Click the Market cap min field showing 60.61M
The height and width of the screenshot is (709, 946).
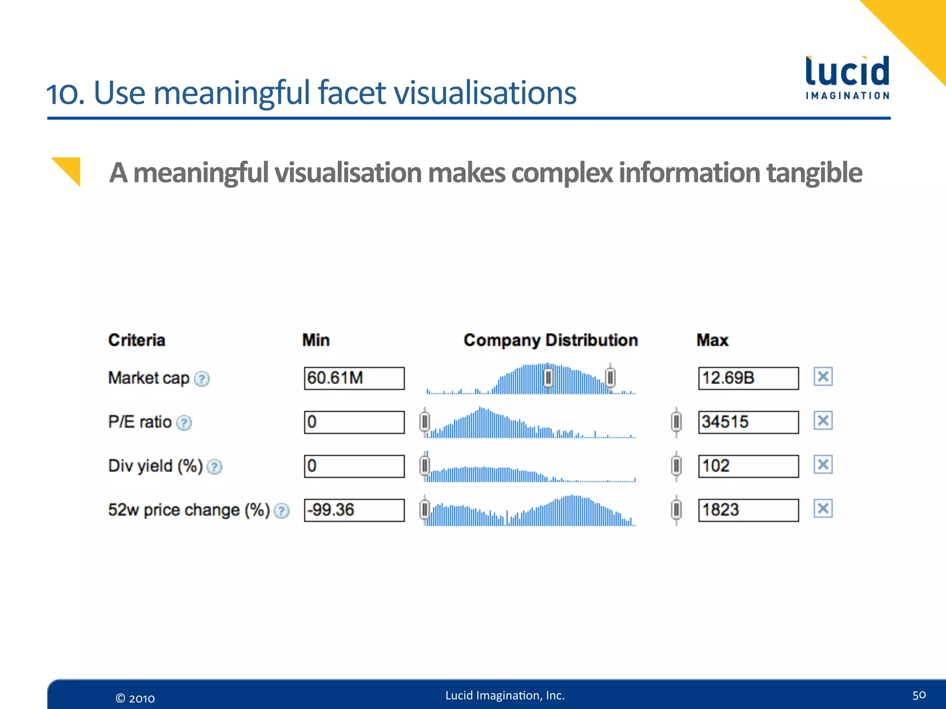[354, 379]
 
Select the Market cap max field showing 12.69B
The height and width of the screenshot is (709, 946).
[748, 379]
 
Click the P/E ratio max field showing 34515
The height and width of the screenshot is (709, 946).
[748, 422]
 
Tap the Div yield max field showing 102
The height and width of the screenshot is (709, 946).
[748, 466]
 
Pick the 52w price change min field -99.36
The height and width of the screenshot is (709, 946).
[354, 510]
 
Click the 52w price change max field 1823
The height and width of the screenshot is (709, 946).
[748, 510]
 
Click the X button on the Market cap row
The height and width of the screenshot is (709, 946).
[823, 377]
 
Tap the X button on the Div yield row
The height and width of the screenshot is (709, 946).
[823, 464]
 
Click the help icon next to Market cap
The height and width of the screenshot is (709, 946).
[202, 379]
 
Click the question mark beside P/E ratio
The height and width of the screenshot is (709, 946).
[184, 423]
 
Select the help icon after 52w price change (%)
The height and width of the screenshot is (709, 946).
[281, 511]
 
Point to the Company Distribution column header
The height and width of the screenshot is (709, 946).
[551, 340]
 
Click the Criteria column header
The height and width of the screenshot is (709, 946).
[137, 340]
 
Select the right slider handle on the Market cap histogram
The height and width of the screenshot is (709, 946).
[610, 378]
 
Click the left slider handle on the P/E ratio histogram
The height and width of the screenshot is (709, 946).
[424, 421]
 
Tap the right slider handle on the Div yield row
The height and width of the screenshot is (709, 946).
[676, 465]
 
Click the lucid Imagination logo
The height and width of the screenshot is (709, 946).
[847, 77]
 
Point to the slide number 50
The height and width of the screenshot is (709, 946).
[919, 695]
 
